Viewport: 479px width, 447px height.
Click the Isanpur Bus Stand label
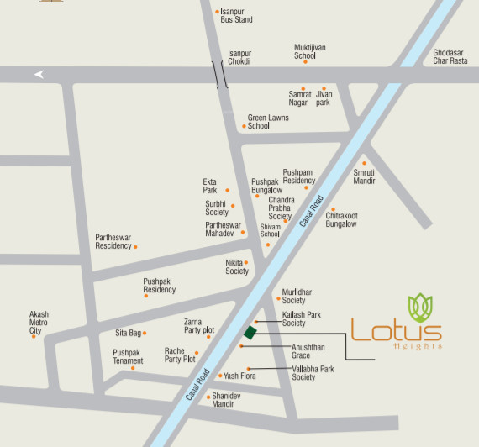[x=236, y=15]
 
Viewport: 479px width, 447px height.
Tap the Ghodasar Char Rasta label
[x=450, y=56]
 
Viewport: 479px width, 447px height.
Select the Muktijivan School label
[x=309, y=51]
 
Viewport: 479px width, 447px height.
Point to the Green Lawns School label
[x=267, y=122]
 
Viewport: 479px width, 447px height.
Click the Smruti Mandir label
[x=364, y=176]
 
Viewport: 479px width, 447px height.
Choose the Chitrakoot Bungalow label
[x=341, y=219]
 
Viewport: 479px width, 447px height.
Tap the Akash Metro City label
[x=39, y=323]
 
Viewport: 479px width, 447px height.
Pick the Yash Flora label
[x=239, y=376]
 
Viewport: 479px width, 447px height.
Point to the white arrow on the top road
[x=39, y=74]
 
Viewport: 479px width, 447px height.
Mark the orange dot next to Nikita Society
[x=246, y=262]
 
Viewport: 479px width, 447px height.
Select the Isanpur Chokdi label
[x=239, y=57]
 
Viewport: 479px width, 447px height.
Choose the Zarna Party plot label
[x=198, y=326]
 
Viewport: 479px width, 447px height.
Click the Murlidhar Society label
[x=297, y=296]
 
